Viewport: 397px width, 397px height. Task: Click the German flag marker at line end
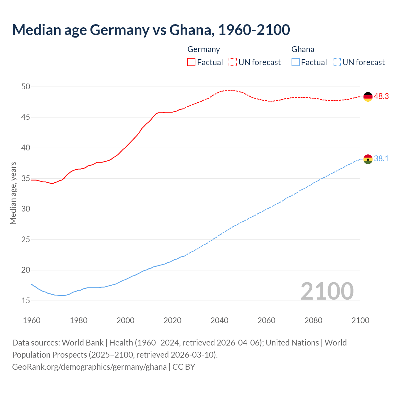(x=368, y=97)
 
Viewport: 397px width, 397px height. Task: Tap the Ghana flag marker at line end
(x=368, y=159)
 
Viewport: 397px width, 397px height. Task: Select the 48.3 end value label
(x=381, y=96)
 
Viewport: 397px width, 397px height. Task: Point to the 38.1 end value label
(x=381, y=159)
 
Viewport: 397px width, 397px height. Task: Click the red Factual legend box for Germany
(x=191, y=62)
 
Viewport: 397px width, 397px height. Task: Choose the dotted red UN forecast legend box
(x=233, y=62)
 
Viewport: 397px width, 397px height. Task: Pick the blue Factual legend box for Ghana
(x=296, y=62)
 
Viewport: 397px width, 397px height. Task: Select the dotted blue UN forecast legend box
(x=337, y=62)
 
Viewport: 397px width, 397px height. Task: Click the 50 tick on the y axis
(x=26, y=87)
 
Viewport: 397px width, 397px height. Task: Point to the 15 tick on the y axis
(x=26, y=301)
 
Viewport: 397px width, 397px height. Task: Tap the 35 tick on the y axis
(x=26, y=178)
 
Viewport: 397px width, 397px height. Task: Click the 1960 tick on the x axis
(x=32, y=320)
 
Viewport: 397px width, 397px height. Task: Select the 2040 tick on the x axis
(x=219, y=320)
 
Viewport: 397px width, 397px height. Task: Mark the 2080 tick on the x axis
(x=313, y=320)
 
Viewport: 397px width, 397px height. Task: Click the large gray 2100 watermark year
(x=327, y=291)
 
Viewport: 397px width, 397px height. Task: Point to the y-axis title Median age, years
(x=13, y=193)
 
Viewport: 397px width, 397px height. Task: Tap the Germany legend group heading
(x=203, y=49)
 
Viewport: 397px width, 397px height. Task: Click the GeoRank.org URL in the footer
(x=89, y=367)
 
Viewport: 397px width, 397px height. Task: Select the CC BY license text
(x=184, y=367)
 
